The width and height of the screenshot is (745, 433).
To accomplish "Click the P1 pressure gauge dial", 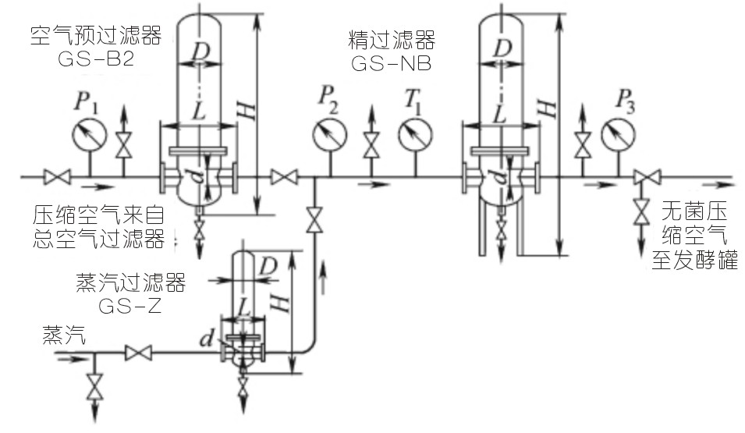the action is coord(90,134).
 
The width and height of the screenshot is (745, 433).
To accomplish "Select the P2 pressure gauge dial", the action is coord(330,134).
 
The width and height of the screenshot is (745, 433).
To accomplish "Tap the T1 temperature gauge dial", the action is coord(415,134).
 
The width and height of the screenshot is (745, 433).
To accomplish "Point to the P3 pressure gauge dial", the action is coord(618,134).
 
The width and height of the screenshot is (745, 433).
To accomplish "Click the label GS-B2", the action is coord(96,59).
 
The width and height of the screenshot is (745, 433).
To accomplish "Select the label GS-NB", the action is coord(392,63).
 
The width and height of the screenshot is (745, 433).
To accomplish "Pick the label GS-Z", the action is coord(130,306).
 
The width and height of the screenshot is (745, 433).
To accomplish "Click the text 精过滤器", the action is coord(392,40).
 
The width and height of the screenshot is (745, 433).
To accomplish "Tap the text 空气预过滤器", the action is coord(96,35).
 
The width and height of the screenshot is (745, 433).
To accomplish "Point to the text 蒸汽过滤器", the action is coord(130,282).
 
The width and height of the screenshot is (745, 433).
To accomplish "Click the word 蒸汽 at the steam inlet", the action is coord(64,335).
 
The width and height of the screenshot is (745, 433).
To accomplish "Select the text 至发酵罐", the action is coord(694,260).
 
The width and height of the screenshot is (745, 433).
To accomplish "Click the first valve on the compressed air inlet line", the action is coord(57,177).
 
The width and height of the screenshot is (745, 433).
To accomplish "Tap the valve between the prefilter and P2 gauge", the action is coord(284,177).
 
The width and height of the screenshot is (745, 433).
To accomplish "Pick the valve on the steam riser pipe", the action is coord(314,219).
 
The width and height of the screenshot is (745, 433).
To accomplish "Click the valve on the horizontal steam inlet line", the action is coord(138,353).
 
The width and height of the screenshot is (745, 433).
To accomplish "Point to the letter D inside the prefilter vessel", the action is coord(200,51).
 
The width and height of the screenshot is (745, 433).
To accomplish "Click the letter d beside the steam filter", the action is coord(207,339).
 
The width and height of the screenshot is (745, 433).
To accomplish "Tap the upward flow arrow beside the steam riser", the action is coord(325,277).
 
